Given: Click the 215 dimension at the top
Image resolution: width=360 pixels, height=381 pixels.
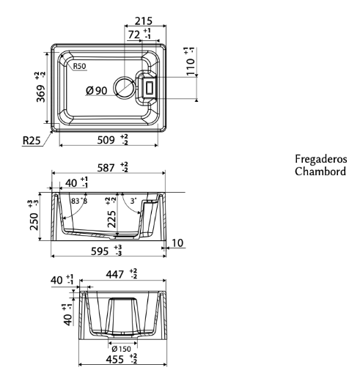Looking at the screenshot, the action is (x=144, y=21).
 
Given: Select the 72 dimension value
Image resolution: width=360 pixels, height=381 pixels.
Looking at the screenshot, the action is (x=134, y=34).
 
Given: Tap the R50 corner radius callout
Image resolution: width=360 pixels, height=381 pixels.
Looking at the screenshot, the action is (x=79, y=66).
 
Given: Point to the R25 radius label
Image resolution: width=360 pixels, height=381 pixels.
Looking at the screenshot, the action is (x=32, y=141).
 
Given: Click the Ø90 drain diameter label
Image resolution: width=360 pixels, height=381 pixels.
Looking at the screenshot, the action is (x=97, y=91).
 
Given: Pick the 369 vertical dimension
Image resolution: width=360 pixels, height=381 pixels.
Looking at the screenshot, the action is (x=41, y=94).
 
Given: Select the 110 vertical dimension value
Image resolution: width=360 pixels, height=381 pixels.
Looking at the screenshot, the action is (x=191, y=67).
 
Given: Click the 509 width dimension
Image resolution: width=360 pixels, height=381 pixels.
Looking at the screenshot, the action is (x=106, y=140).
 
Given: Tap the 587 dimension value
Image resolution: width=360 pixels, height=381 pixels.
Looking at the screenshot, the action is (x=106, y=168).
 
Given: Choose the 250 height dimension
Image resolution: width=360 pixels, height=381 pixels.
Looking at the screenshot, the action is (x=34, y=221).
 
